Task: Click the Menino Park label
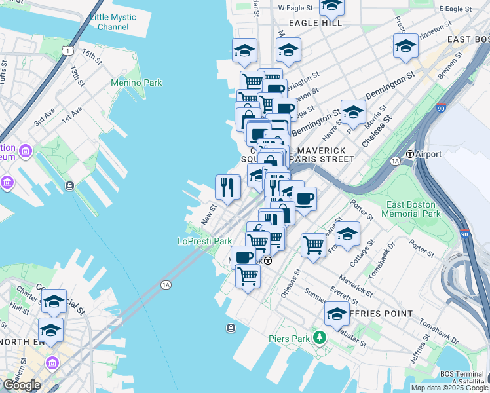[136, 83]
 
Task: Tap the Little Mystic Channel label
[113, 22]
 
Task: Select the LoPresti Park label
[205, 241]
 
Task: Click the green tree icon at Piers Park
[319, 338]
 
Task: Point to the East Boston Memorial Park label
[411, 210]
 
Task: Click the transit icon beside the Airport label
[411, 154]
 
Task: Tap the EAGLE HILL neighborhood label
[311, 23]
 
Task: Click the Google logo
[22, 385]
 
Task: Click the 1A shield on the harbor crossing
[166, 284]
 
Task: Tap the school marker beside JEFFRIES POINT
[337, 313]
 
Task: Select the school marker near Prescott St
[405, 45]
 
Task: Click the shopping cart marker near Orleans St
[314, 245]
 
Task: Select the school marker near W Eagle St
[332, 7]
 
